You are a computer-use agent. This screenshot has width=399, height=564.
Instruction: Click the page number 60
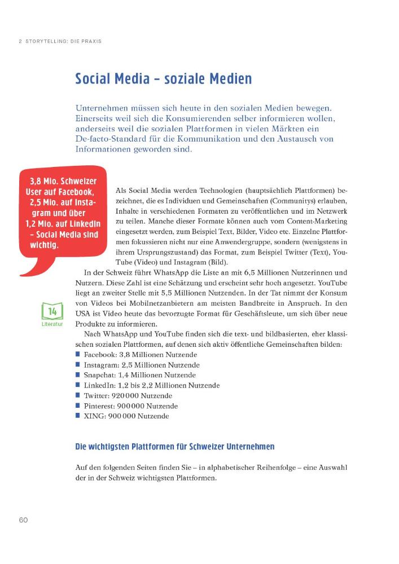click(x=23, y=519)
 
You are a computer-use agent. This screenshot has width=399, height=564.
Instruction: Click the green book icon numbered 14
click(x=52, y=311)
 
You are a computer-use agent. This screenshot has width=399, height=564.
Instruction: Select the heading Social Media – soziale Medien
click(x=163, y=78)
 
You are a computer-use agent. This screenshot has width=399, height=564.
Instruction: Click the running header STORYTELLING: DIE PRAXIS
click(x=62, y=41)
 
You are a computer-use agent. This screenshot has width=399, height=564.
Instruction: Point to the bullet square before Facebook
click(x=78, y=354)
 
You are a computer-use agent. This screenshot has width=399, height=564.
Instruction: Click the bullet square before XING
click(x=78, y=416)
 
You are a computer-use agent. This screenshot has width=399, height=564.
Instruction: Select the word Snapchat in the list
click(x=99, y=375)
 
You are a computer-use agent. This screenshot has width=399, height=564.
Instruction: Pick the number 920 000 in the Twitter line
click(x=130, y=396)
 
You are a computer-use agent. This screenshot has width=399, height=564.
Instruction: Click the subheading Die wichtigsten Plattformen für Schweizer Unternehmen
click(x=174, y=447)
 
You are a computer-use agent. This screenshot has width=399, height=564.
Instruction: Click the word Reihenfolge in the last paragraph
click(x=280, y=467)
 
